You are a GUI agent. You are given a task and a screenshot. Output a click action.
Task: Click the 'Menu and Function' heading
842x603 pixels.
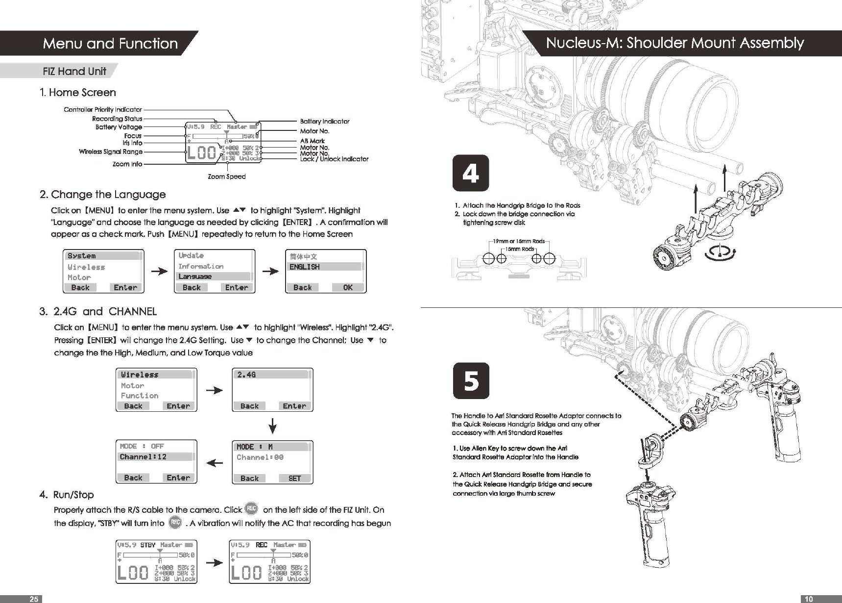point(110,44)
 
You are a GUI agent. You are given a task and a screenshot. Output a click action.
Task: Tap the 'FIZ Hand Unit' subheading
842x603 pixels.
point(74,72)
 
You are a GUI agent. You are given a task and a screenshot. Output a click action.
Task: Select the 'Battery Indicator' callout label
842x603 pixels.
point(325,121)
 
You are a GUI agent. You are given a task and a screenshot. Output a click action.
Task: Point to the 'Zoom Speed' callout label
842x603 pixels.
point(227,176)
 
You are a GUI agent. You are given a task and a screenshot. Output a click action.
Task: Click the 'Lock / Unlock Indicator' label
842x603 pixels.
point(334,159)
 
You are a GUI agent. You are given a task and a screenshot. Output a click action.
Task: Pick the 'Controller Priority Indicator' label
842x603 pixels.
point(103,109)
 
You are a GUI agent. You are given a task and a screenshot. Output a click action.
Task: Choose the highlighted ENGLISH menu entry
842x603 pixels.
point(305,267)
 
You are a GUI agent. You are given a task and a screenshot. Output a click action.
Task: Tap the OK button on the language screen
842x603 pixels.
point(348,288)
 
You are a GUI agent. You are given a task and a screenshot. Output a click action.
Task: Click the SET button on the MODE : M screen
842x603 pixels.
point(294,478)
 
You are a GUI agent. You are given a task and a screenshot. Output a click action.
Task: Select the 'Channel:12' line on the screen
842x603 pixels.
point(143,457)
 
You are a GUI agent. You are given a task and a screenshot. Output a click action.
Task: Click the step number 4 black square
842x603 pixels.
point(470,173)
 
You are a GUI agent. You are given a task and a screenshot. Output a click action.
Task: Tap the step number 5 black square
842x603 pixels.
point(471,380)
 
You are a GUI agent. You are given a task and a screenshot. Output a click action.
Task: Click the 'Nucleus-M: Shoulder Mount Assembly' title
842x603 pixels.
point(674,43)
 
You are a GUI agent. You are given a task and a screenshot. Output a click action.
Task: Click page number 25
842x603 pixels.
point(33,599)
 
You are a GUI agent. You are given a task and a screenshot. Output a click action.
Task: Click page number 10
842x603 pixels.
point(809,599)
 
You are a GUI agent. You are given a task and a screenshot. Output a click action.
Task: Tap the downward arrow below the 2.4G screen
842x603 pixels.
point(273,426)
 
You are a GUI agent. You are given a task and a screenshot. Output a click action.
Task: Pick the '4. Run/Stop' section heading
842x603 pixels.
point(67,495)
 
